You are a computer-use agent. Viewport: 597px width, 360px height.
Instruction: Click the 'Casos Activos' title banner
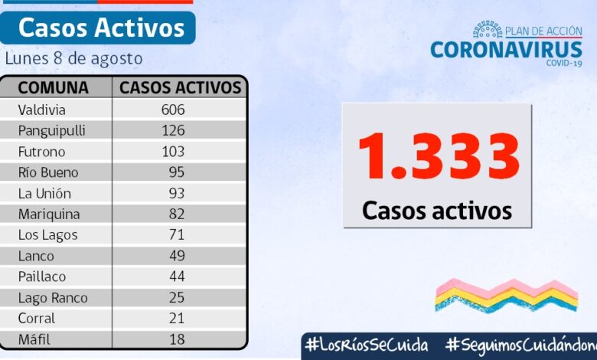tap(100, 28)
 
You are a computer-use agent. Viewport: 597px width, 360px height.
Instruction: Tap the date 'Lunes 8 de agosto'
tap(73, 59)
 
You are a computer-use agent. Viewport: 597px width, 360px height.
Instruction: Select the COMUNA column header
tap(53, 87)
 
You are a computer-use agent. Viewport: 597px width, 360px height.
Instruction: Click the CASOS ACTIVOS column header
tap(181, 87)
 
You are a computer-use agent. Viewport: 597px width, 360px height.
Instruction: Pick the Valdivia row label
tap(41, 110)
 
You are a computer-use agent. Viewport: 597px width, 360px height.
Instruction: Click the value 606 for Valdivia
tap(173, 110)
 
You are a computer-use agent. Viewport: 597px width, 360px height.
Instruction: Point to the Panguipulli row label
tap(51, 130)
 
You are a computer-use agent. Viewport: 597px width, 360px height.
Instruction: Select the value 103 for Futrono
tap(173, 152)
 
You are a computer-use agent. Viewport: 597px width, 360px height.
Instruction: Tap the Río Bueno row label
tap(48, 172)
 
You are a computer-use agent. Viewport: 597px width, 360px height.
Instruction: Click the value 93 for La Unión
tap(177, 193)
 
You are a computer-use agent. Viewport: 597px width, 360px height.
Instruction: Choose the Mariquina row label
tap(49, 214)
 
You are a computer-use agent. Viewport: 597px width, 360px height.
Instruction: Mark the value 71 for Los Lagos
tap(177, 235)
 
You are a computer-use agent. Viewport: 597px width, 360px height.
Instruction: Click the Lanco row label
tap(36, 256)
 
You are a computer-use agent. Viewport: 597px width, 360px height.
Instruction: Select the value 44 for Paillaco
tap(177, 277)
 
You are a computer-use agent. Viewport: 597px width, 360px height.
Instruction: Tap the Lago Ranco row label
tap(53, 297)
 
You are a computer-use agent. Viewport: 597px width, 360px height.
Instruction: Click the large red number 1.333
tap(439, 157)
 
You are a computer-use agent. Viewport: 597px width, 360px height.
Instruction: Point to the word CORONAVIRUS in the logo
tap(506, 50)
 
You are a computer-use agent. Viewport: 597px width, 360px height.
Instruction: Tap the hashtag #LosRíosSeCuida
tap(366, 345)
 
